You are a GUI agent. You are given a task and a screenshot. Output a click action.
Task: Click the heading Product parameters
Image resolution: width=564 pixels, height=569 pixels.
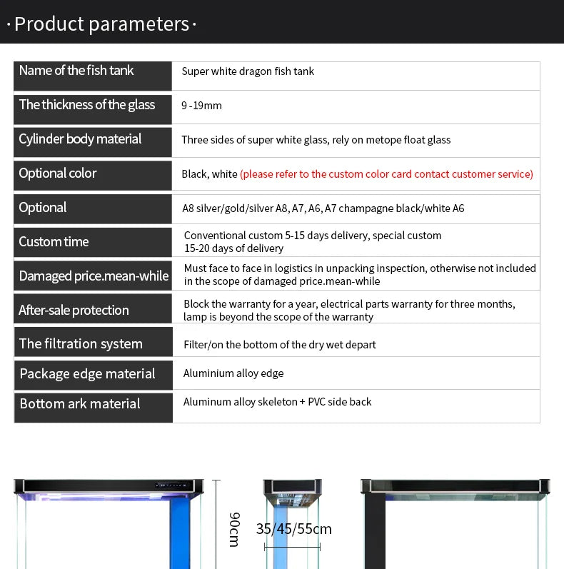tap(101, 24)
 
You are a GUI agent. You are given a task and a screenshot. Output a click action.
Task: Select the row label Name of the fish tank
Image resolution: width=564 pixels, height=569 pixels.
tap(76, 71)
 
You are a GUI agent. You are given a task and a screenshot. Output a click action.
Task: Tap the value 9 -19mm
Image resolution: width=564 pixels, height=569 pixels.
tap(201, 106)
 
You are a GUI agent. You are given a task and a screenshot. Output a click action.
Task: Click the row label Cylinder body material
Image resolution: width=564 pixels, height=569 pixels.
tap(80, 139)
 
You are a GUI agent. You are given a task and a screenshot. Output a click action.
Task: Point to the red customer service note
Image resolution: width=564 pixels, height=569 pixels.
tap(386, 174)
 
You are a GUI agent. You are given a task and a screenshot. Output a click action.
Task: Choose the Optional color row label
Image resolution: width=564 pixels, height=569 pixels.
tap(58, 173)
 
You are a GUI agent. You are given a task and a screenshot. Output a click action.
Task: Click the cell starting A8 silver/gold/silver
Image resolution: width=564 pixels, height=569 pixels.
tap(323, 208)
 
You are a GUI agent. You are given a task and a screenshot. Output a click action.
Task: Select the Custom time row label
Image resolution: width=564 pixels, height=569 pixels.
tap(54, 242)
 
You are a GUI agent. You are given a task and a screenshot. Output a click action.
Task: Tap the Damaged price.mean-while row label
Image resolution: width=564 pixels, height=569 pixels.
tap(94, 276)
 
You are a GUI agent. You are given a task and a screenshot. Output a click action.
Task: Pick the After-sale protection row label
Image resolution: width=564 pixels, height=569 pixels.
tap(74, 311)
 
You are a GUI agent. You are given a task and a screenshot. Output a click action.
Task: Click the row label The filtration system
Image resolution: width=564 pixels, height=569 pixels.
tap(81, 344)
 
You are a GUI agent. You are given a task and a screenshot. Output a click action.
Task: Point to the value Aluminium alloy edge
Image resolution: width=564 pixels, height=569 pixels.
tap(233, 373)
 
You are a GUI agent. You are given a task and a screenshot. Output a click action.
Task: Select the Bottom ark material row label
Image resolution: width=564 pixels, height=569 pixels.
tap(80, 404)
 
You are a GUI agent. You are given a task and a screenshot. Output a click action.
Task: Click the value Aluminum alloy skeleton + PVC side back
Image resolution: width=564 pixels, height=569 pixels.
tap(277, 402)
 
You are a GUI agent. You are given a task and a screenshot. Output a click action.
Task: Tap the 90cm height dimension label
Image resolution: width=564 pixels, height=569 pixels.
tap(233, 529)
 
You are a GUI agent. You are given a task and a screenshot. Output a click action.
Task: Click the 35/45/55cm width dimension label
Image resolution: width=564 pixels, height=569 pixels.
tap(293, 529)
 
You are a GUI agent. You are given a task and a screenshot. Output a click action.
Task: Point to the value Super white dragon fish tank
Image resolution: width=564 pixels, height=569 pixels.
tap(248, 71)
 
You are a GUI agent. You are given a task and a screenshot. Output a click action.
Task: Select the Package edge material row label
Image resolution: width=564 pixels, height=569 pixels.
tap(87, 374)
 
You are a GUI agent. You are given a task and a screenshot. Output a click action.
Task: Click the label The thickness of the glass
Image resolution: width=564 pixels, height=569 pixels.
tap(87, 105)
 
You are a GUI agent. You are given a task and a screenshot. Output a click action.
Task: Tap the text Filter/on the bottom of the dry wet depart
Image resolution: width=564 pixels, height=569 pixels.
tap(279, 345)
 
